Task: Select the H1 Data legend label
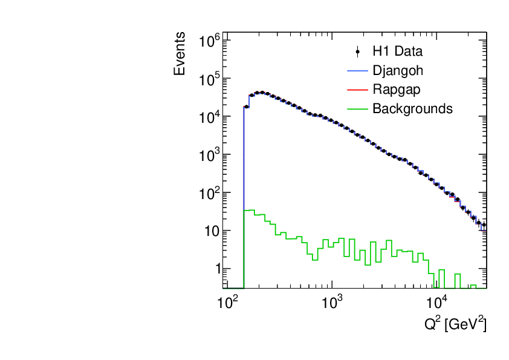(x=397, y=51)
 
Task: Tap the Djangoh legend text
(x=398, y=71)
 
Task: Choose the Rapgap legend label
(x=397, y=90)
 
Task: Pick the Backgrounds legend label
(x=412, y=109)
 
